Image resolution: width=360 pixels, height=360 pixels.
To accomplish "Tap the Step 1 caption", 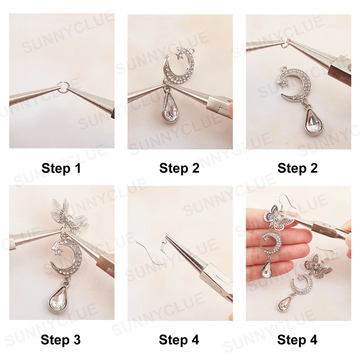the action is [x=61, y=168].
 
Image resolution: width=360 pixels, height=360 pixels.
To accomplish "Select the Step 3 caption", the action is [x=61, y=340].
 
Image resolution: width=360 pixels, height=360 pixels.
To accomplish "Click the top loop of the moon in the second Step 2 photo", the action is [x=284, y=68].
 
